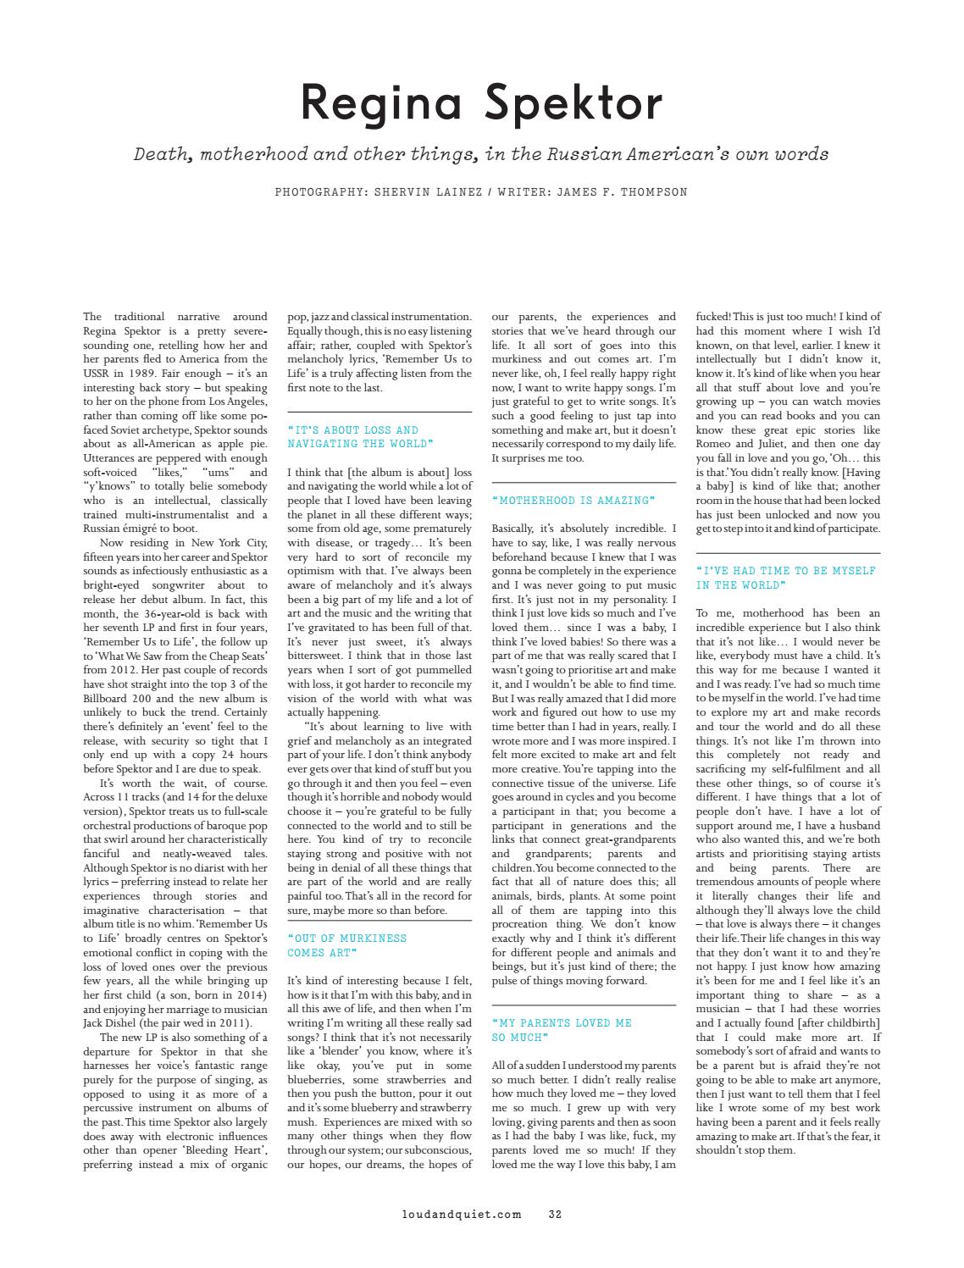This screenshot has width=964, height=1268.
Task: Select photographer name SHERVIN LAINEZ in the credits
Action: pyautogui.click(x=418, y=192)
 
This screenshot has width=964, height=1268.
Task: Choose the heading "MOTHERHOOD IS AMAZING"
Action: pyautogui.click(x=573, y=501)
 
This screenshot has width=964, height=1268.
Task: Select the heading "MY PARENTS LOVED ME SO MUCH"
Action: pyautogui.click(x=561, y=1030)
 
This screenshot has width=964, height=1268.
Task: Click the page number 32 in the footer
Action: pyautogui.click(x=555, y=1214)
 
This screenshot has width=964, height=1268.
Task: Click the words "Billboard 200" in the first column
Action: pyautogui.click(x=120, y=699)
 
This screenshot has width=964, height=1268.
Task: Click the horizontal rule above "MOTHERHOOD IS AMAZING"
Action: pyautogui.click(x=584, y=482)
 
